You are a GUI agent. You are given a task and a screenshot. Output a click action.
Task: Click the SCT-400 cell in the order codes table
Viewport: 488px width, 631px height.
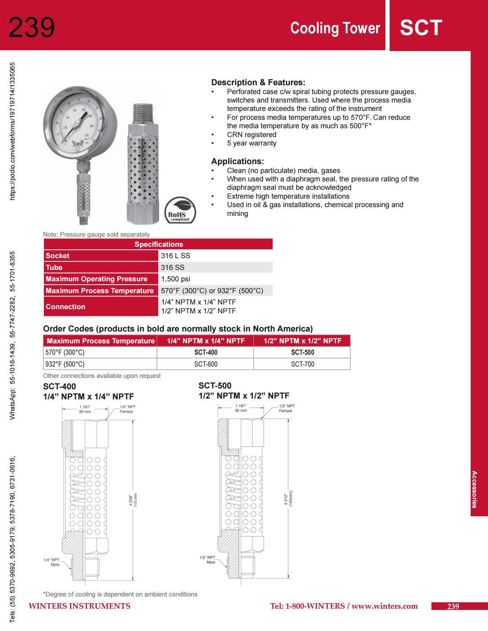(206, 352)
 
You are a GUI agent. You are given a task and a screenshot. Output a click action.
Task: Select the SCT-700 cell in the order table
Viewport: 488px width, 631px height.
(302, 364)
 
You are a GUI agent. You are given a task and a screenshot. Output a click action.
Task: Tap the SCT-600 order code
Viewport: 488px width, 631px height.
(206, 364)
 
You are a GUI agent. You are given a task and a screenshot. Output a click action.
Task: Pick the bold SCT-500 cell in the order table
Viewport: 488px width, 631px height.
(302, 352)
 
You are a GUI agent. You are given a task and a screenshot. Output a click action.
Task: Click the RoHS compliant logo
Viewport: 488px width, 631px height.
(180, 210)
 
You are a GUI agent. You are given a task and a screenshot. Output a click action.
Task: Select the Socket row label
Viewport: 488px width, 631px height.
(58, 256)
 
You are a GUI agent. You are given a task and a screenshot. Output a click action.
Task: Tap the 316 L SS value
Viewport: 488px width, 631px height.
(176, 256)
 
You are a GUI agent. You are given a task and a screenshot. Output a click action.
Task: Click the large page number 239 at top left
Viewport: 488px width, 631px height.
(32, 27)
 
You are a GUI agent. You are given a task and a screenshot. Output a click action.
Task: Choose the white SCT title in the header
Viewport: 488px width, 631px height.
(421, 28)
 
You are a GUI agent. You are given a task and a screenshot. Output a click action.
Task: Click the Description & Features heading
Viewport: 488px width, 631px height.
(258, 82)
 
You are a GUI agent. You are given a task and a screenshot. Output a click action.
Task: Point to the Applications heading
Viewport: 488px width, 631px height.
(237, 161)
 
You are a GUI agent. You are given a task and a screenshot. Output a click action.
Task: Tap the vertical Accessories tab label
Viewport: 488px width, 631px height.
(474, 489)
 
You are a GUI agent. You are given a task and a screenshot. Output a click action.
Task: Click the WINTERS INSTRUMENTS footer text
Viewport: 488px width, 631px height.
(79, 606)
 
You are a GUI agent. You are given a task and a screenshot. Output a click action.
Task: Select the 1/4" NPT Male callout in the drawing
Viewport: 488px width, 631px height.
(52, 562)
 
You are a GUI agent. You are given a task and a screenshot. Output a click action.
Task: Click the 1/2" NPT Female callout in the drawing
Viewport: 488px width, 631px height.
(286, 408)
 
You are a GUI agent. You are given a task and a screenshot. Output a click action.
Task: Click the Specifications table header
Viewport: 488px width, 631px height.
(158, 244)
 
